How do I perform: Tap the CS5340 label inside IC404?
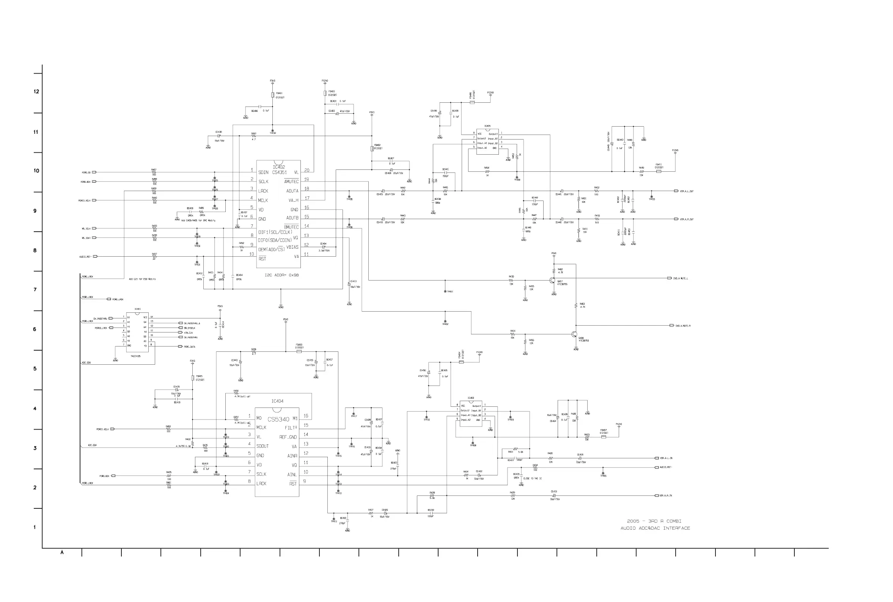coord(278,419)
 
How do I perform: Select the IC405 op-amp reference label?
coord(487,126)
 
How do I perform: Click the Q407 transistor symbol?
coord(552,280)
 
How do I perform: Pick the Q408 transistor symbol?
coord(574,334)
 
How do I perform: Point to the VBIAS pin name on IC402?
coord(292,247)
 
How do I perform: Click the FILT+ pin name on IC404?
coord(291,428)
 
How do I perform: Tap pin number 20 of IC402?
coord(307,170)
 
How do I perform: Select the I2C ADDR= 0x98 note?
coord(281,275)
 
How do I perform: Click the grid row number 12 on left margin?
coord(36,91)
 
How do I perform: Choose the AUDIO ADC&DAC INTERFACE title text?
coord(655,528)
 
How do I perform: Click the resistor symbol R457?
coord(154,172)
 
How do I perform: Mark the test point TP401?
coord(445,292)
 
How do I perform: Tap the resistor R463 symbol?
coord(576,306)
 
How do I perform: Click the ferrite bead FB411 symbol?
coord(658,171)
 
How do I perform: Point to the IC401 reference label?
coord(137,309)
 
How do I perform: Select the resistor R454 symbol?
coord(487,171)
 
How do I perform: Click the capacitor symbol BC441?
coord(445,172)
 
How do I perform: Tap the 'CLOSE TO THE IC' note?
coord(532,478)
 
